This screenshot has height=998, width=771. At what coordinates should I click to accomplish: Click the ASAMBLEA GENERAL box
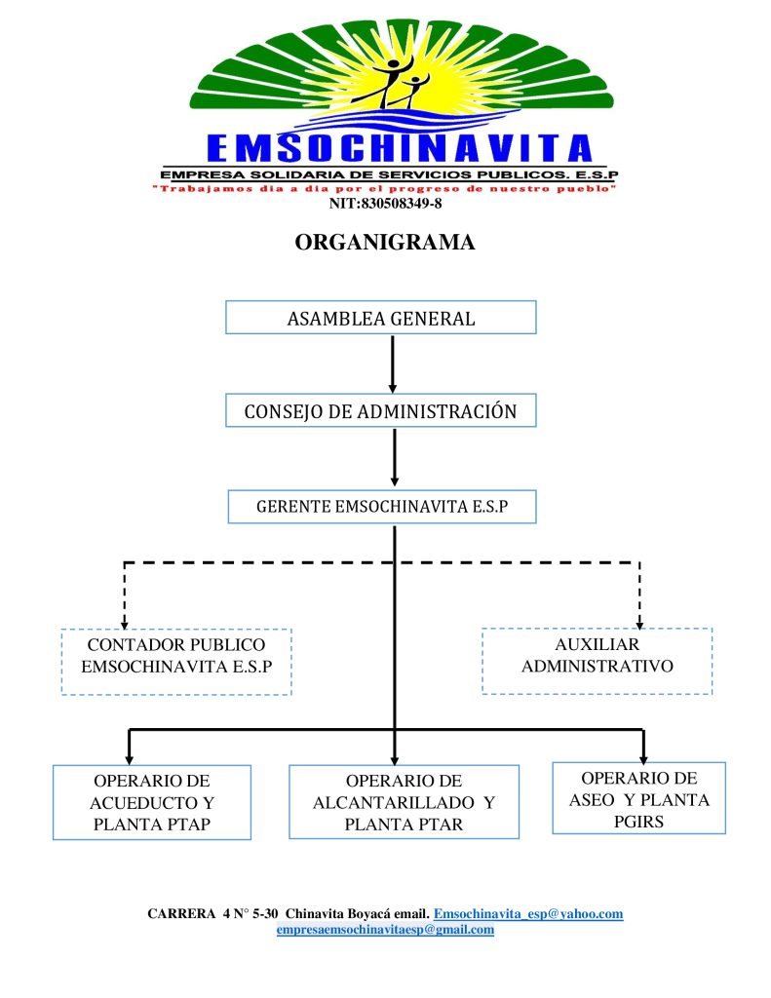pos(380,318)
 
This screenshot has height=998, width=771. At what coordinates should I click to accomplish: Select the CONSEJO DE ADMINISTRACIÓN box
pos(380,411)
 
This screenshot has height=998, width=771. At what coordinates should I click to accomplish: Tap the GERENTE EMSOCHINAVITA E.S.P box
pos(382,507)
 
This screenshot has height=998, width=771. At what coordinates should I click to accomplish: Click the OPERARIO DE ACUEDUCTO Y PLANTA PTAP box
pos(152,803)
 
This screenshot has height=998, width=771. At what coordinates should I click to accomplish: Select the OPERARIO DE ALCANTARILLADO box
pos(404,803)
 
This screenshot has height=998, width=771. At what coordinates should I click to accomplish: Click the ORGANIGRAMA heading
pos(385,243)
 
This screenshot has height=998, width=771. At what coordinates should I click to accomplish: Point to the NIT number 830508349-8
pos(385,204)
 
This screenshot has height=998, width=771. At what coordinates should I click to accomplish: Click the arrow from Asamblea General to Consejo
pos(393,364)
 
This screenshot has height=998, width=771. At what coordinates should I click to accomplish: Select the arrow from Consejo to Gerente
pos(394,457)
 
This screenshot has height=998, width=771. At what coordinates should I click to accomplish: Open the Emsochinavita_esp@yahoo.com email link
pos(528,914)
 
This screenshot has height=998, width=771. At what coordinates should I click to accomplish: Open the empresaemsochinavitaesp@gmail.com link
pos(385,930)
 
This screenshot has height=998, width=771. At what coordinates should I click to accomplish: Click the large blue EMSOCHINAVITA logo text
pos(400,148)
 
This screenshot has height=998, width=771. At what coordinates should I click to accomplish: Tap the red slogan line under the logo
pos(384,188)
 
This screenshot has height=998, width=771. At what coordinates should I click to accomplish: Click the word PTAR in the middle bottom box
pos(438,825)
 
